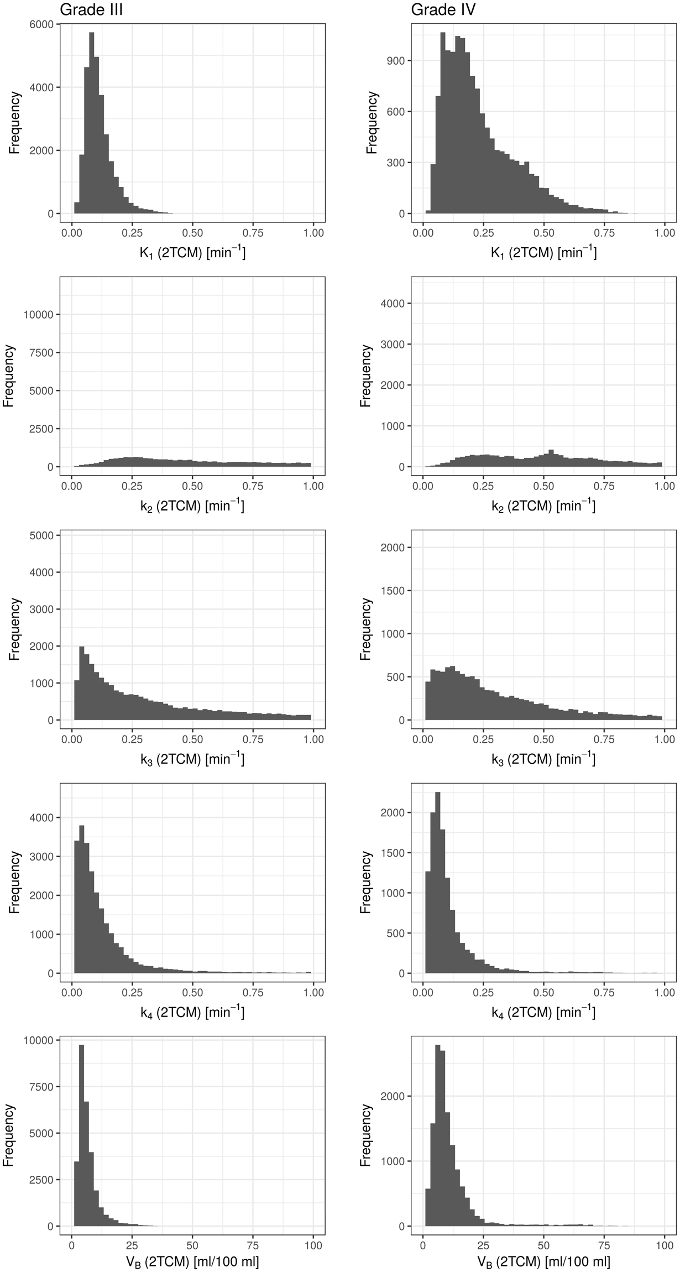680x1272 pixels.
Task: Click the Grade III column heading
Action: pos(91,9)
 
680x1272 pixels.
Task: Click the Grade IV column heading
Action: pos(443,9)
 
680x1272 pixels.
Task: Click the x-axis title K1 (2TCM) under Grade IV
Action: pos(543,253)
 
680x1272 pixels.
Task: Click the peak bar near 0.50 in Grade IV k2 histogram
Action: pos(551,458)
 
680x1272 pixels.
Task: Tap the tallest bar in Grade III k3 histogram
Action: pos(82,684)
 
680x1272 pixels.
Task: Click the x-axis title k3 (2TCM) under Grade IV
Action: pos(543,759)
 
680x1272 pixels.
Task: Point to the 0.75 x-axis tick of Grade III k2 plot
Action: pos(253,486)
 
